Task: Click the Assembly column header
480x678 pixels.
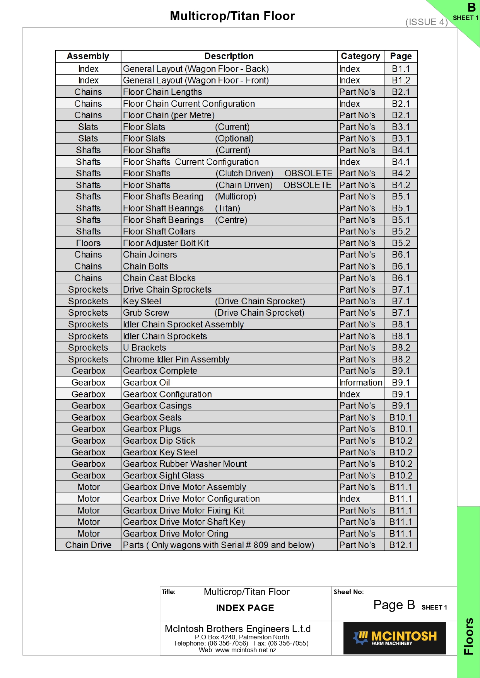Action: [x=88, y=56]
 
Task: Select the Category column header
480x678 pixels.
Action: [x=360, y=56]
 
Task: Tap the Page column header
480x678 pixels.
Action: [x=401, y=56]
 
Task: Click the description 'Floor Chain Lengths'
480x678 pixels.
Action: [x=162, y=92]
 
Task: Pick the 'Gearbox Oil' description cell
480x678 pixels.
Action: [x=147, y=383]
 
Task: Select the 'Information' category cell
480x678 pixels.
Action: [x=360, y=383]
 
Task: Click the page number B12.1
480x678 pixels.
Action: [x=401, y=545]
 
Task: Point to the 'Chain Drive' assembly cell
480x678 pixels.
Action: [x=88, y=545]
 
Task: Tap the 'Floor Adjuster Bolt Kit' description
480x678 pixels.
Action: [x=166, y=243]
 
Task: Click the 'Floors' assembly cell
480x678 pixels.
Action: [x=88, y=243]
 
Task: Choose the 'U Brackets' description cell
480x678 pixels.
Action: [x=145, y=348]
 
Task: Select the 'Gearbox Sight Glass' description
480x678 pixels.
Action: [x=164, y=475]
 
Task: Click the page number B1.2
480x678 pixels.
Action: [x=401, y=80]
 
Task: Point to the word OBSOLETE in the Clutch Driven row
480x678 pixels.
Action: [x=308, y=173]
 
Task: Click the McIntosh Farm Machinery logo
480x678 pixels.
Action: [x=395, y=638]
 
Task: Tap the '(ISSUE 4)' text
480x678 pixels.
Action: [x=426, y=22]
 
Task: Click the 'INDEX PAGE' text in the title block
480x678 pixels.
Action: [x=245, y=608]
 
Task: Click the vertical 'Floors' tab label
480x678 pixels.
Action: [x=469, y=636]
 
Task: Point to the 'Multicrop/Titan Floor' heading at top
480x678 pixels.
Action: [x=232, y=16]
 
